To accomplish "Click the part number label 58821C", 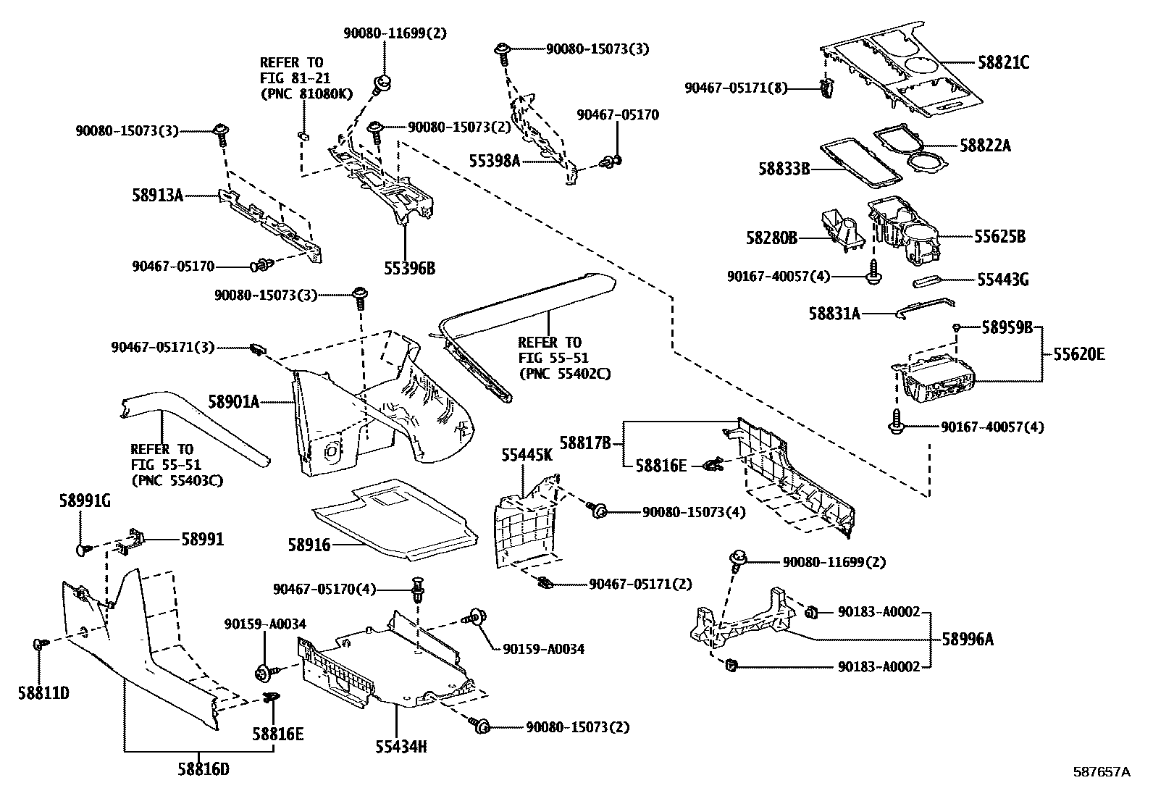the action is (x=1003, y=63).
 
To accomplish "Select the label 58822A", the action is (x=985, y=146).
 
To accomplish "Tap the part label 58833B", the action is (x=784, y=168).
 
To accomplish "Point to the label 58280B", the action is (x=771, y=238).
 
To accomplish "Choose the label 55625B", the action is (x=999, y=236).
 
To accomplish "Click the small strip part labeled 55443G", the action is (x=927, y=282).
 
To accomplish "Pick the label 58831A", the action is (x=834, y=313).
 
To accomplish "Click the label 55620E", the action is (x=1079, y=354).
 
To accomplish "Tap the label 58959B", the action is (x=1007, y=327).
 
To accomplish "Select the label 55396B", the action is (x=410, y=268).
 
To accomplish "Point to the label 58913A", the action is (x=157, y=195).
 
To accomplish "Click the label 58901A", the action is (x=234, y=401).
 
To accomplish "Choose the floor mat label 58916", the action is (x=309, y=545).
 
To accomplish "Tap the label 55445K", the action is (x=527, y=455).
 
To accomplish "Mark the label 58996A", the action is (x=968, y=640).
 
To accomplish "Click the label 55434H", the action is (x=401, y=747).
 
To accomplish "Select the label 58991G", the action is (x=85, y=500).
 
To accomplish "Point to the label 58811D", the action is (x=43, y=694).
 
